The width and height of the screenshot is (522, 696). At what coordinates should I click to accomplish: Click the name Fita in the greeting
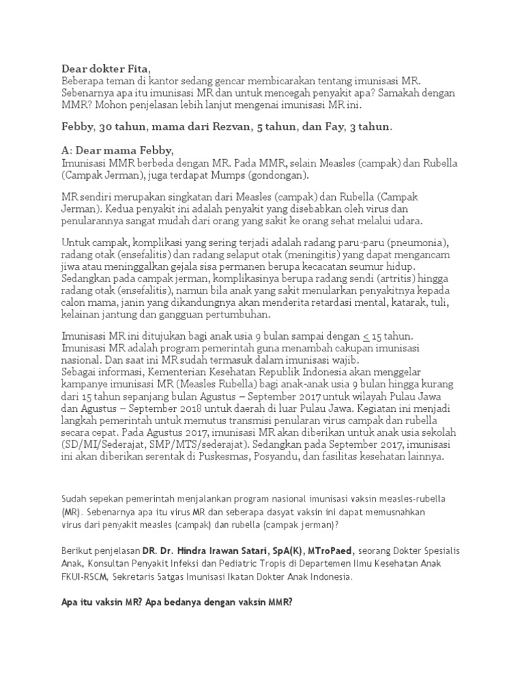click(135, 69)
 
